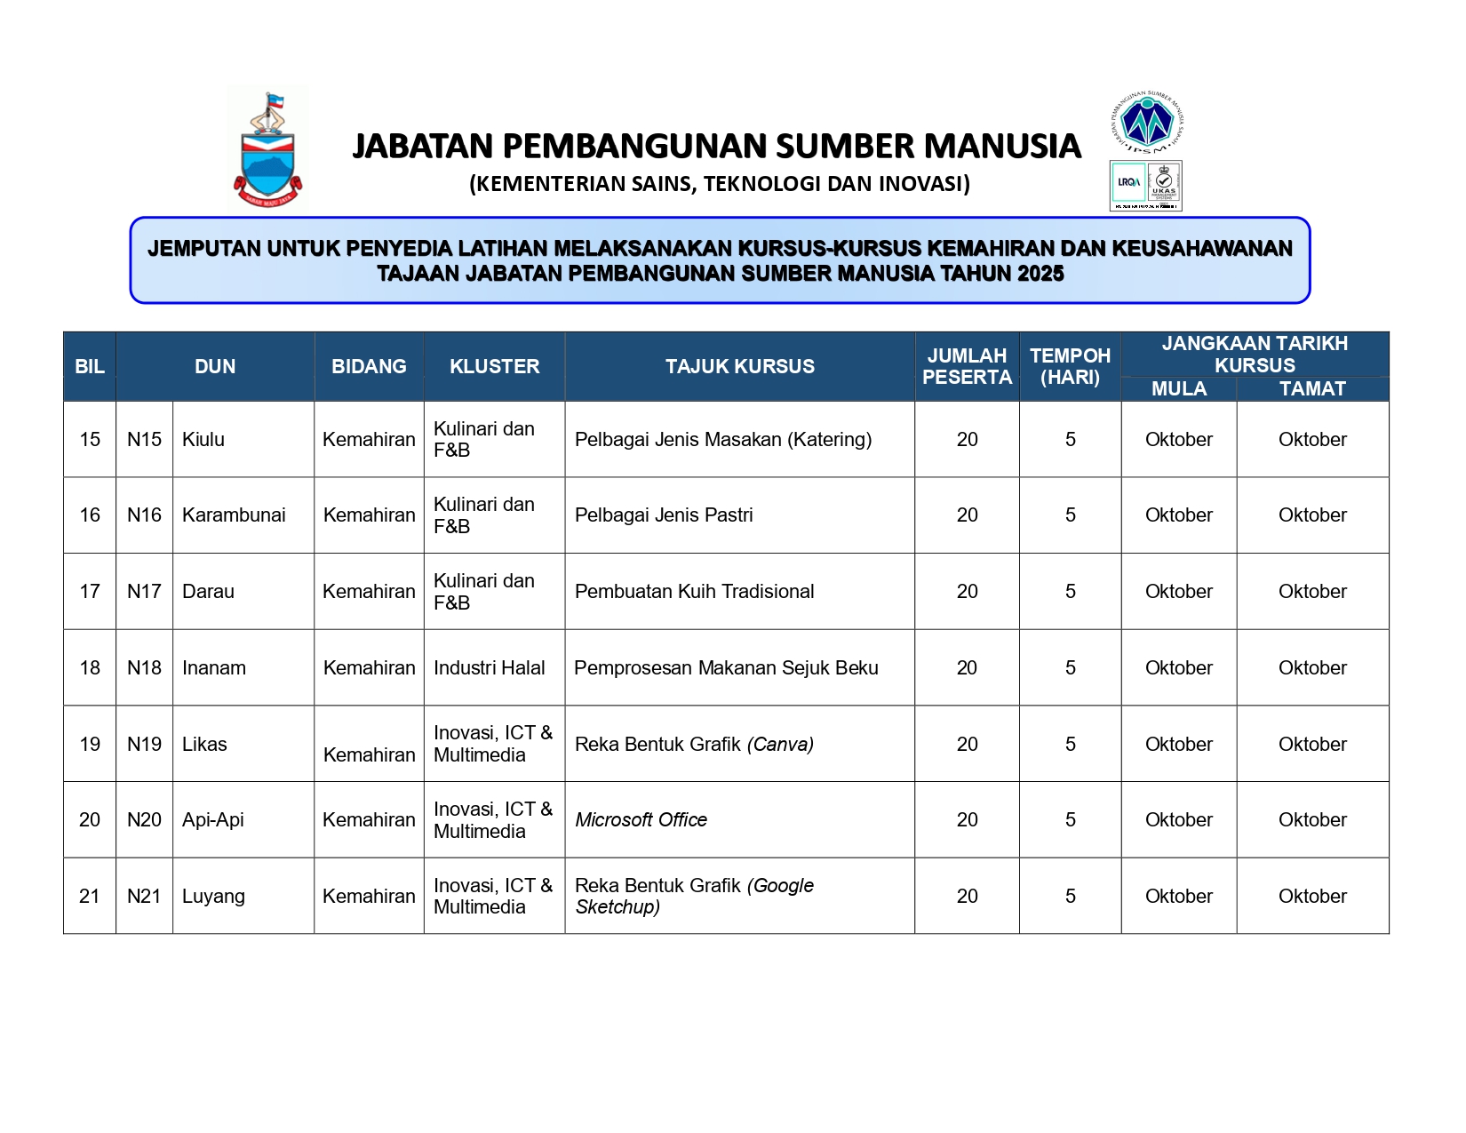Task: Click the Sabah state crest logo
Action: [x=267, y=150]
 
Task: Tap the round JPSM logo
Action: [x=1147, y=122]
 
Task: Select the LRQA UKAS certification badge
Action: [x=1145, y=186]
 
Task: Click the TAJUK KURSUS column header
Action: [x=739, y=366]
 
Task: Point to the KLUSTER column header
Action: [x=494, y=366]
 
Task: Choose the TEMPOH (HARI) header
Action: [x=1070, y=366]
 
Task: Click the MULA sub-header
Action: [x=1178, y=388]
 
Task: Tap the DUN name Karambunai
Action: [x=234, y=515]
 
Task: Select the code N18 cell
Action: [x=144, y=668]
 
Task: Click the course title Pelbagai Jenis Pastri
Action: [x=664, y=515]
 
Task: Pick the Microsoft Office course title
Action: [x=641, y=820]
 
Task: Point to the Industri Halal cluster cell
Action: [x=489, y=668]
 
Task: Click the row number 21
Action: [x=90, y=897]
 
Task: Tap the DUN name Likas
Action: [x=204, y=745]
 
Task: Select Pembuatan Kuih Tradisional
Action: [x=694, y=592]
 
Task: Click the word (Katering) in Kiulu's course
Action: [x=829, y=440]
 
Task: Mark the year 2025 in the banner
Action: [x=1040, y=274]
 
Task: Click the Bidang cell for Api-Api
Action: [x=369, y=820]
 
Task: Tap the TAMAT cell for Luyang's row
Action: [x=1311, y=897]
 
